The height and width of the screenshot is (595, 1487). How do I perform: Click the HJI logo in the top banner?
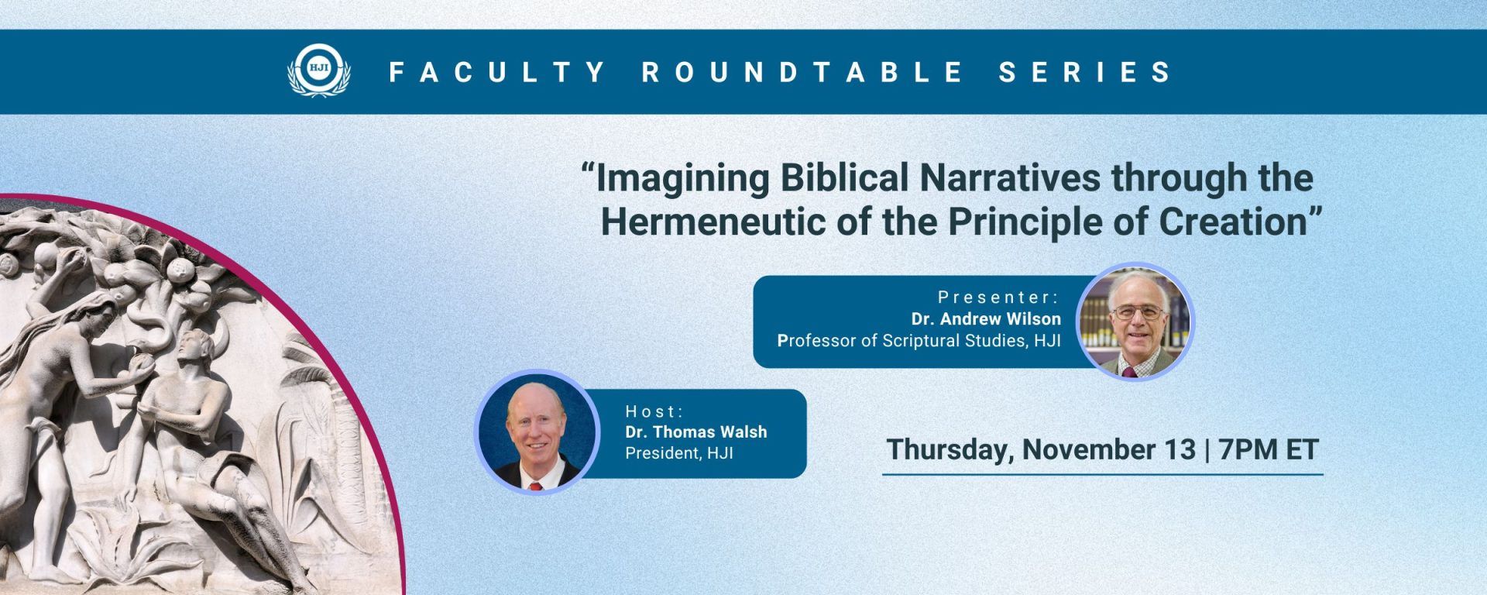coord(318,71)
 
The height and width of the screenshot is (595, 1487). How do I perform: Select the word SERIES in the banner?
coord(1085,72)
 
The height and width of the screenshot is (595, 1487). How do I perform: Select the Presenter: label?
coord(998,297)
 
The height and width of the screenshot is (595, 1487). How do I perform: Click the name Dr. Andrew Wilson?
coord(986,318)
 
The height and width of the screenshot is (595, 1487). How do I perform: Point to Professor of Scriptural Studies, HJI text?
coord(919,341)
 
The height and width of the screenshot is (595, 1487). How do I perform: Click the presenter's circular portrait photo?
coord(1136,322)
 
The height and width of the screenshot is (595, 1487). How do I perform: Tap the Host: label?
coord(654,411)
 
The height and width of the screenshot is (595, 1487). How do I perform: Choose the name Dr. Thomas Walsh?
coord(696,432)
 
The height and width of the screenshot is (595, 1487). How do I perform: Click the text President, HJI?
coord(679,453)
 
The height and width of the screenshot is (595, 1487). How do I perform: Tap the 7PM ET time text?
coord(1269,450)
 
